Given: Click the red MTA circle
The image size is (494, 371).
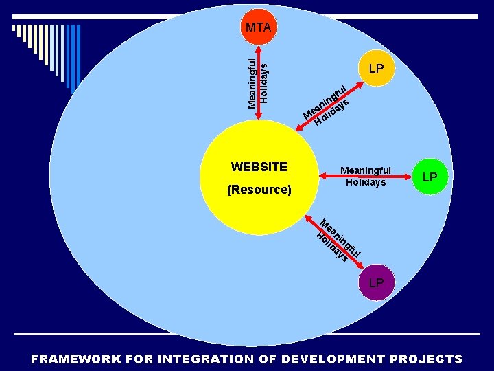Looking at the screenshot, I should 258,27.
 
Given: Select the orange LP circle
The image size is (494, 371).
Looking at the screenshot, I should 375,69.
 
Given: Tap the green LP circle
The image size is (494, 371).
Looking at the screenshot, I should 430,177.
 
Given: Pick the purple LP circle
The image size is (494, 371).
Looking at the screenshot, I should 377,282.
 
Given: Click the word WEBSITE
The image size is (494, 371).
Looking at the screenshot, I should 259,167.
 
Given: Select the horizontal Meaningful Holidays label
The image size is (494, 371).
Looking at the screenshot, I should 366,177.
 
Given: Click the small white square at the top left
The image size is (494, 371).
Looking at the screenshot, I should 14,28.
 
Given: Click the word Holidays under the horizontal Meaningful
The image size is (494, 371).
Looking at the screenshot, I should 366,182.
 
